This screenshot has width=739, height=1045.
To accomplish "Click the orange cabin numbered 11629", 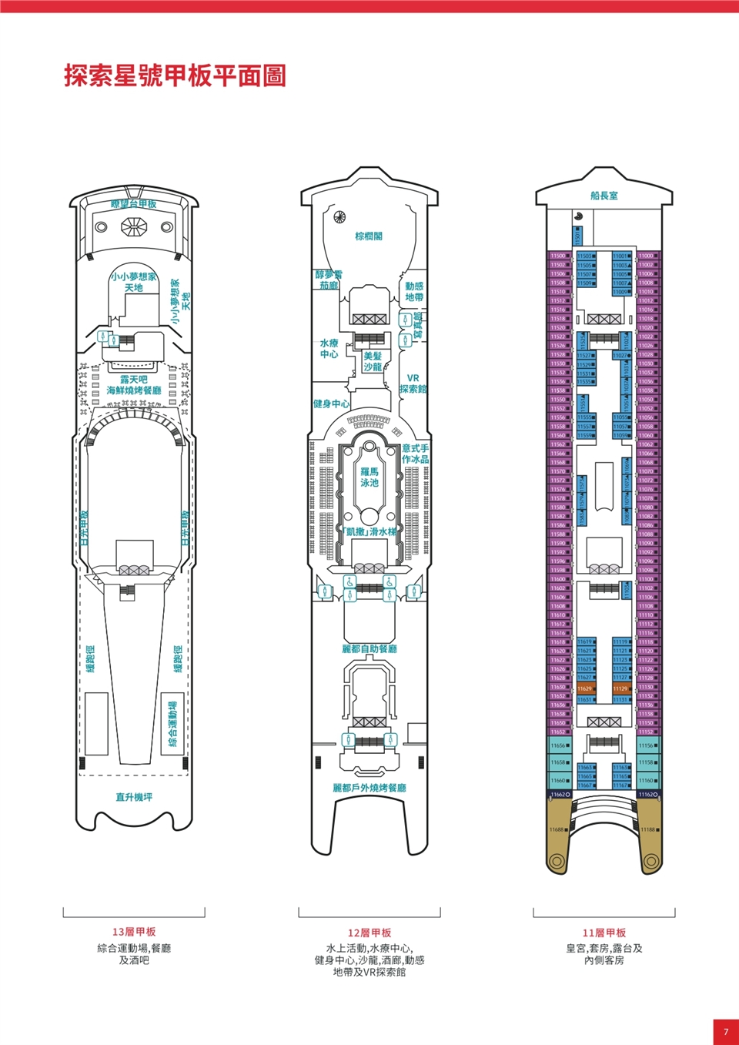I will pos(585,688).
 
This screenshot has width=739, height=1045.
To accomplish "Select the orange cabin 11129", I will pos(620,688).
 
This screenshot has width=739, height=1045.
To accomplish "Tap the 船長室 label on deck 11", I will pos(604,196).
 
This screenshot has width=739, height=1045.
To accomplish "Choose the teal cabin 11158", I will pos(647,762).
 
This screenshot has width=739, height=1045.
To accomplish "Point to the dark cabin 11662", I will pos(560,794).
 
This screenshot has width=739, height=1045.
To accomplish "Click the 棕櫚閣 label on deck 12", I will pos(369,236).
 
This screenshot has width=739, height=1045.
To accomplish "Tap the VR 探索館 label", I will pos(413,384).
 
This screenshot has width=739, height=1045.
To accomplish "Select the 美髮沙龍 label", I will pos(373,361).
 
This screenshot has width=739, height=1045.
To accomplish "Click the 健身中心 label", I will pos(331,404).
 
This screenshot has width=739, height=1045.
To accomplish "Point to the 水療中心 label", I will pos(329,348).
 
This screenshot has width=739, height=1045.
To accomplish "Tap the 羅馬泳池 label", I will pos(369,477).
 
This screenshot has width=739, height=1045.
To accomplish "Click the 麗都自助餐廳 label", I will pos(369,649).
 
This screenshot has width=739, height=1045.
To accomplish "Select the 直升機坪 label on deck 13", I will pos(134,797).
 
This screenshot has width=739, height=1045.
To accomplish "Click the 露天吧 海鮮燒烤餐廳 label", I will pos(134,385).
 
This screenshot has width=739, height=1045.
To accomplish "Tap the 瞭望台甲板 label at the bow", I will pos(134,204).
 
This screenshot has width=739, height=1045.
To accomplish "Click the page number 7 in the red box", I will pos(725,1032).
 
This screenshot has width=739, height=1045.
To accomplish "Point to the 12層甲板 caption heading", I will pos(369,933).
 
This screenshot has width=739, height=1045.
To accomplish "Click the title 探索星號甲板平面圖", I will pos(175,76).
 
